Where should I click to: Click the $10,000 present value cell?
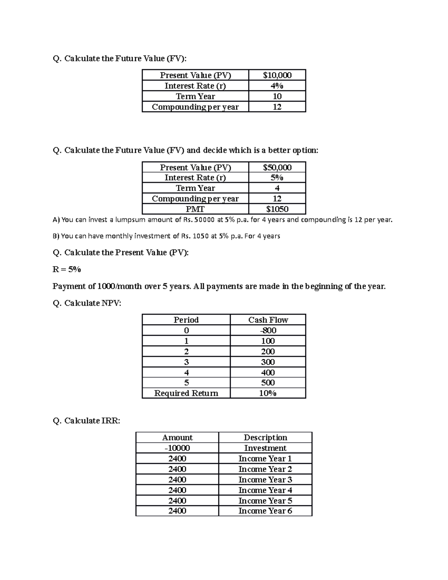point(277,75)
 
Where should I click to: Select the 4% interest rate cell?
point(277,86)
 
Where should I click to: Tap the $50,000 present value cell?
point(277,167)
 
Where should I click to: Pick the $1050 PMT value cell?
point(277,209)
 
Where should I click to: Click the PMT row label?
point(195,209)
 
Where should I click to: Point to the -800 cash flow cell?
point(268,330)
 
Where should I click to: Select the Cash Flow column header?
point(268,320)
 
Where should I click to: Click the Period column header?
point(186,320)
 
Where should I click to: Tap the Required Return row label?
point(186,393)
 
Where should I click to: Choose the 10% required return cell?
point(268,393)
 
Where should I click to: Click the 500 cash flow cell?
point(268,382)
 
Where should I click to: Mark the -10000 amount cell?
point(177,448)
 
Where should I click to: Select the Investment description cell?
point(265,448)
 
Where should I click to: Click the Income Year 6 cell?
point(265,511)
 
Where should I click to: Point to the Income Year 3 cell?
point(265,479)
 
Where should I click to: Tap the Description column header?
point(265,437)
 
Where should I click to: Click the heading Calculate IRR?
point(87,421)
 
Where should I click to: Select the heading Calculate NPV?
point(87,303)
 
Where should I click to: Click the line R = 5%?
point(67,269)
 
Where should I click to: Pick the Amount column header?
point(177,437)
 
